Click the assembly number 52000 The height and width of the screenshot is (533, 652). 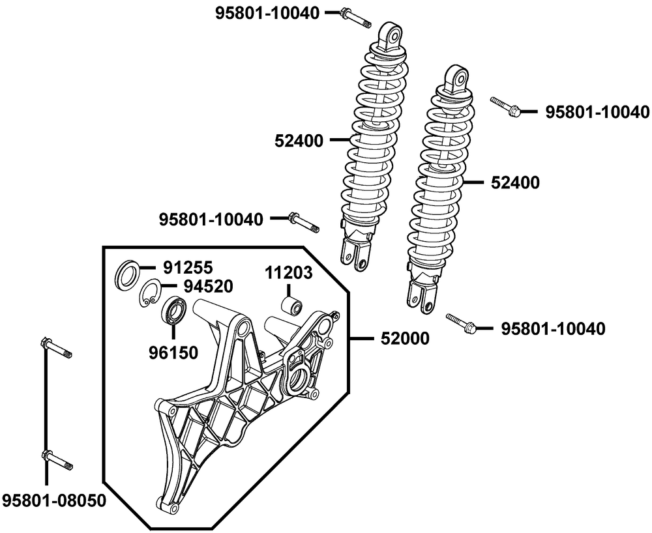point(401,338)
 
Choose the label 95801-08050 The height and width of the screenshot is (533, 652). point(54,500)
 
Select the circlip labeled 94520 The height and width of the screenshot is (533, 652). point(152,292)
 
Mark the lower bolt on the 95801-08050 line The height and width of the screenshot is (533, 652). point(56,459)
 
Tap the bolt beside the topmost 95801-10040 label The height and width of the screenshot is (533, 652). point(357,18)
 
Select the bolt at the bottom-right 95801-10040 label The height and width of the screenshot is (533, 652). point(462,324)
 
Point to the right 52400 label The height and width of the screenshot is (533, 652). point(514,183)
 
